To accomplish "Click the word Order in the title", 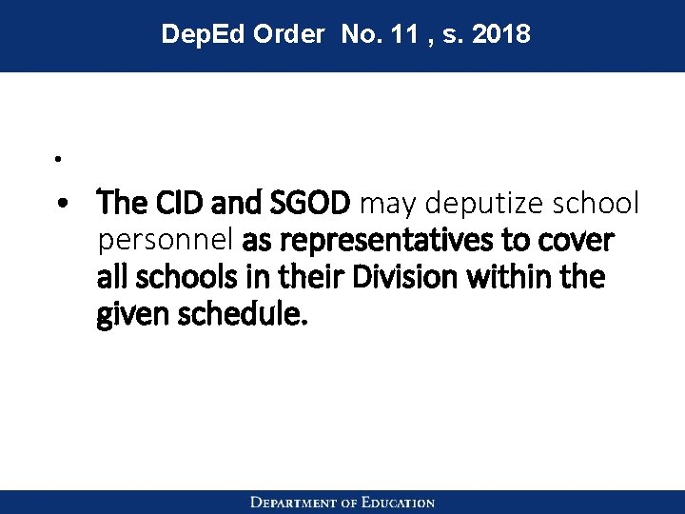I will tap(288, 35).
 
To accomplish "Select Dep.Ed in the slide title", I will tap(202, 35).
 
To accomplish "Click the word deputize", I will tap(469, 204).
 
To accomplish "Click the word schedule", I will tap(241, 315).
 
